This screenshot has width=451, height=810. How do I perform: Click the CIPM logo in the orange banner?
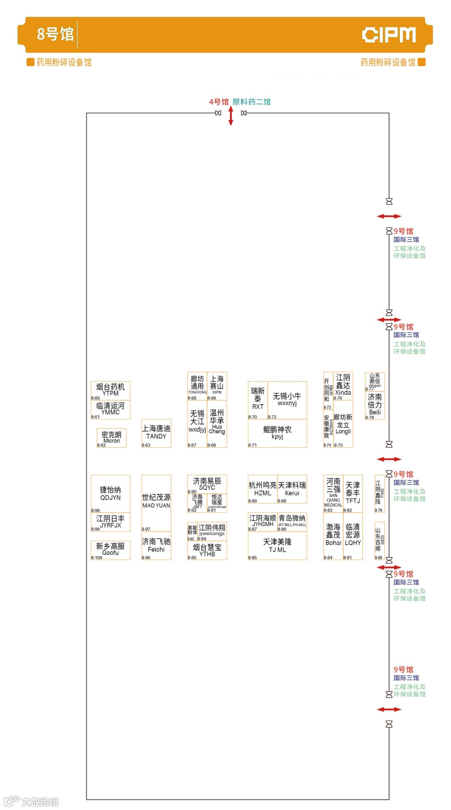click(388, 35)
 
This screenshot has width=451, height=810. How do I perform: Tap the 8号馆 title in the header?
click(55, 34)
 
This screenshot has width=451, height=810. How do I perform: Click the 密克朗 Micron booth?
click(111, 438)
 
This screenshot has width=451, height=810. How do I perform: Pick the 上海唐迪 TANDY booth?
click(156, 433)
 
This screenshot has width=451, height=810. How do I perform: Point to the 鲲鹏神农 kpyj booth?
click(277, 433)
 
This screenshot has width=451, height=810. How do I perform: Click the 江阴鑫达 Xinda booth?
click(343, 385)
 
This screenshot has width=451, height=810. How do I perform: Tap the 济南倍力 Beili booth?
click(375, 404)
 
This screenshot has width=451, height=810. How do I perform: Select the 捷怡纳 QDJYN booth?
click(110, 493)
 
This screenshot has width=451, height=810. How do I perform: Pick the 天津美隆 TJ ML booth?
click(277, 545)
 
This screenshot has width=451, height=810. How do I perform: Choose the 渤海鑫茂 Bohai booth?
click(333, 535)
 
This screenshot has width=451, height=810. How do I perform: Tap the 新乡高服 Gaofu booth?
click(110, 549)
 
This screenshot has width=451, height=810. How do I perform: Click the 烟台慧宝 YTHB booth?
click(207, 550)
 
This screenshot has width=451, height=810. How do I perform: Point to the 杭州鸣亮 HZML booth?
click(263, 489)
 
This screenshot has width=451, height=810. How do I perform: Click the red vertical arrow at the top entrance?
click(231, 116)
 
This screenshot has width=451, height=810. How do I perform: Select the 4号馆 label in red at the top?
click(219, 102)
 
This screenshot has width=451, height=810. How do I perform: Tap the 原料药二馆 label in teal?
click(251, 102)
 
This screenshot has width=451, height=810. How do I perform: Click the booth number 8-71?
click(253, 445)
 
